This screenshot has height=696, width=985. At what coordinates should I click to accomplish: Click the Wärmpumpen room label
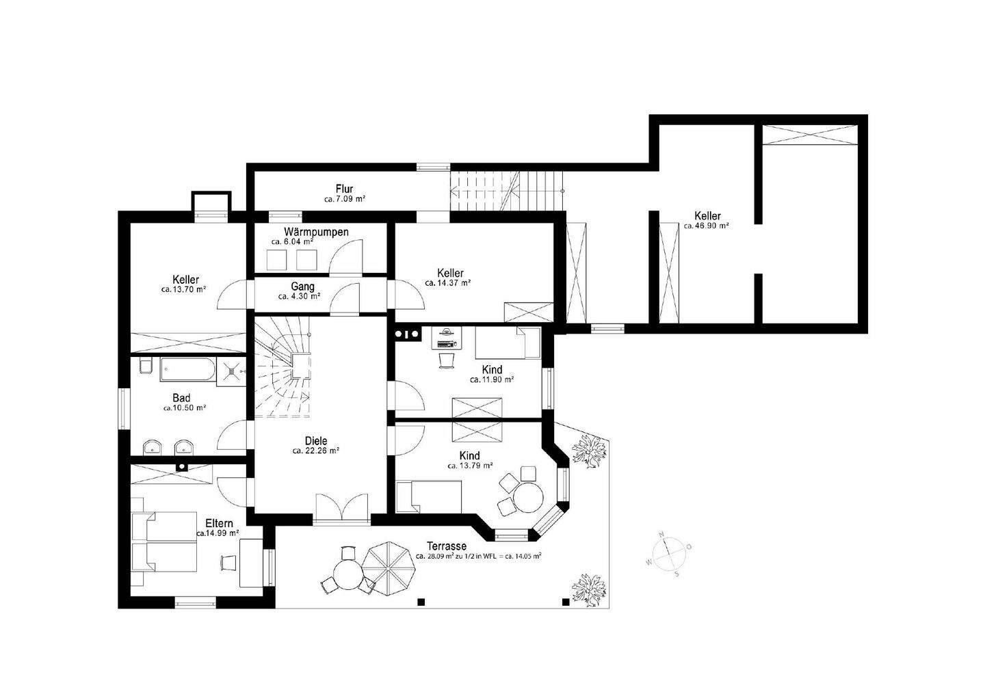point(316,232)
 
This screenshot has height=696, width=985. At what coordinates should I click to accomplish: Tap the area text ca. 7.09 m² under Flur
point(344,200)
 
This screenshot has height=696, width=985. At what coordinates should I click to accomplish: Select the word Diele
point(316,441)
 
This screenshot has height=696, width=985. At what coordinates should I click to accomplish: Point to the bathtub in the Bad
point(186,371)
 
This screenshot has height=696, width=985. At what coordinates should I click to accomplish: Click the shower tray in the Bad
point(233,371)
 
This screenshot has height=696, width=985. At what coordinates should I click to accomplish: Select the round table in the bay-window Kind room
point(528,497)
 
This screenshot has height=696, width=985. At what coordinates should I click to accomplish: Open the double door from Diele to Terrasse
point(343,509)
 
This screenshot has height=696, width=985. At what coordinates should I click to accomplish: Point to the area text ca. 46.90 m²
point(707,226)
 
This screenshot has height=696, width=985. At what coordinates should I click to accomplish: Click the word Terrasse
point(446,546)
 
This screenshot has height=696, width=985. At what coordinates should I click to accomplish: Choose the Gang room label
point(302,286)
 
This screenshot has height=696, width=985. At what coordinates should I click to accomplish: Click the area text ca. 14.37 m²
point(447,282)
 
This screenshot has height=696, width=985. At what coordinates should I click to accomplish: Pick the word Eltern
point(219,523)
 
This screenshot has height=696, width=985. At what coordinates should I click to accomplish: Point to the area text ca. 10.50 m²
point(184,407)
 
